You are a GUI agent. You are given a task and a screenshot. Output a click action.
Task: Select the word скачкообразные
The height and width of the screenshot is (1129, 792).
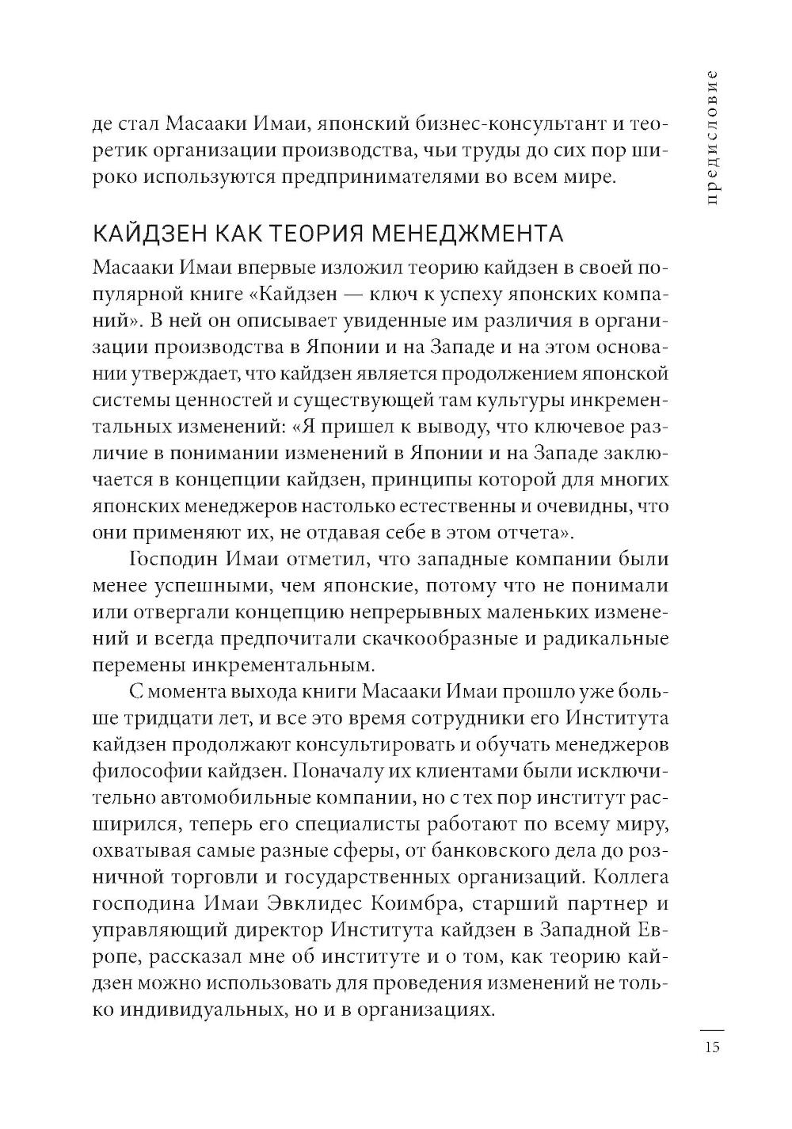click(445, 637)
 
